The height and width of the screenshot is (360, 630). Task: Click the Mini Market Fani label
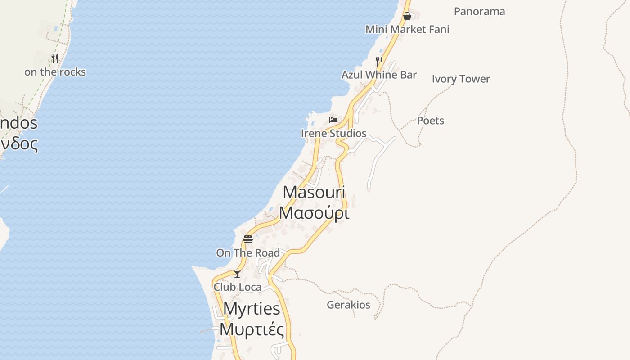(407, 29)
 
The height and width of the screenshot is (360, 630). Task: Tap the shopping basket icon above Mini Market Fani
(407, 17)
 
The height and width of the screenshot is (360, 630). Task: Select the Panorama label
(479, 11)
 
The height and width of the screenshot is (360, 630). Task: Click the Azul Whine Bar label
(379, 75)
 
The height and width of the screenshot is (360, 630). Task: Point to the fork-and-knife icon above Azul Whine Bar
(379, 61)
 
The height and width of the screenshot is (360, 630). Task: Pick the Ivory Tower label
(461, 79)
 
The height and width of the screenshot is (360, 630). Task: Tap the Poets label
(430, 121)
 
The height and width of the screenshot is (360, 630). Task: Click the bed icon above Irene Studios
(333, 120)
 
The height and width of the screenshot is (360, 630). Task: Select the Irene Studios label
(333, 133)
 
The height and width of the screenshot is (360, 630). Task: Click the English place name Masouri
(314, 192)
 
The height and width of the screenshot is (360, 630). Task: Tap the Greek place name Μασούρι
(314, 212)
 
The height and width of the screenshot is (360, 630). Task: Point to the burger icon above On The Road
(248, 239)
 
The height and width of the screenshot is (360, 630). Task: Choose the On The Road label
(248, 253)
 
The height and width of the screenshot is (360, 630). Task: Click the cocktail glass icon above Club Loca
(237, 273)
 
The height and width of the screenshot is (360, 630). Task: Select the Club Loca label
(237, 287)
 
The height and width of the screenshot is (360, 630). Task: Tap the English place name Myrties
(252, 309)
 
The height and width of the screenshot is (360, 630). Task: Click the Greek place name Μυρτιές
(252, 329)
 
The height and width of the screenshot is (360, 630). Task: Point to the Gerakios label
(348, 305)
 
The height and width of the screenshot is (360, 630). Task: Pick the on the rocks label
(55, 72)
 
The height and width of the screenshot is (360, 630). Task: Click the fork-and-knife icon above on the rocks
(55, 58)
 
